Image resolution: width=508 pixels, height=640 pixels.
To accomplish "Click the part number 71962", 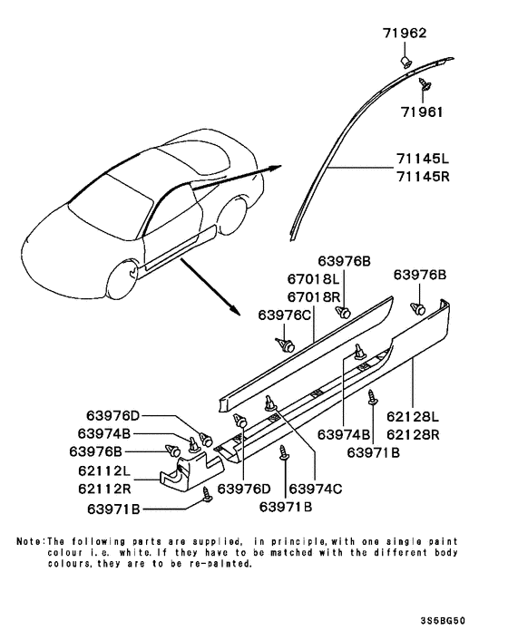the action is pyautogui.click(x=405, y=33).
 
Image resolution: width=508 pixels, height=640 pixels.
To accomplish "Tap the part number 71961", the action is pyautogui.click(x=422, y=112).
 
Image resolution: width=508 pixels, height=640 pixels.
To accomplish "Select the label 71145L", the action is pyautogui.click(x=422, y=159).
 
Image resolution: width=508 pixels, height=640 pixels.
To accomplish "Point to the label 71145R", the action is pyautogui.click(x=422, y=177).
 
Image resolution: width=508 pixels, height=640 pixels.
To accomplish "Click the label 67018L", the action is pyautogui.click(x=313, y=279).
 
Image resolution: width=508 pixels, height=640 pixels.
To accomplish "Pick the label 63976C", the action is pyautogui.click(x=285, y=315).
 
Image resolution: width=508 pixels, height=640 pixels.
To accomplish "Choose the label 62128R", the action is pyautogui.click(x=413, y=435).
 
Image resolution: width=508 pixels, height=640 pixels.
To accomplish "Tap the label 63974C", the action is pyautogui.click(x=316, y=489).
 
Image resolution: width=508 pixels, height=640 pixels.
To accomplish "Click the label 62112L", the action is pyautogui.click(x=104, y=470).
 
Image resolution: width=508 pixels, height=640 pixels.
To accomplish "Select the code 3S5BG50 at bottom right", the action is pyautogui.click(x=443, y=621).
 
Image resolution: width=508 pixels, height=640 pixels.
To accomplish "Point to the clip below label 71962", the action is pyautogui.click(x=405, y=62).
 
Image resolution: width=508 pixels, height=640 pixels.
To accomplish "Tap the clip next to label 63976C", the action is pyautogui.click(x=286, y=344).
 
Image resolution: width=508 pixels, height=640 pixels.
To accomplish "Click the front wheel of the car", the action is pyautogui.click(x=123, y=280).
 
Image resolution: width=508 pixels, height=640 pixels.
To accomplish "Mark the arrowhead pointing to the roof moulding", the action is pyautogui.click(x=277, y=168).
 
